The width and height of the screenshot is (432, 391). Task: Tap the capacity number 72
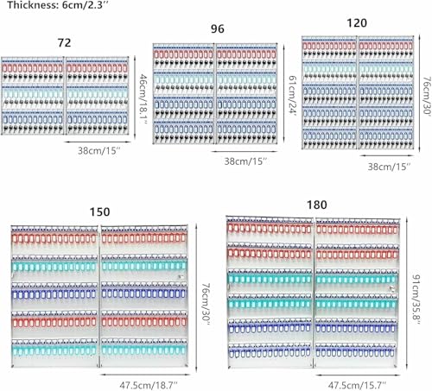[x=64, y=43]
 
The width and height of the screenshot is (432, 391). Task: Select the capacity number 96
[x=218, y=28]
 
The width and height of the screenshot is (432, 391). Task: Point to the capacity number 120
[x=357, y=23]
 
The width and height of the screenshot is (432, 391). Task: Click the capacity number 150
[x=99, y=212]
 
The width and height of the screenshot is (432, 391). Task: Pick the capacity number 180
[x=317, y=205]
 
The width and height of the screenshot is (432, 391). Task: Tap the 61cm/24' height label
[x=293, y=96]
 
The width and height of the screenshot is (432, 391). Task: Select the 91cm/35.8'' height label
[x=416, y=300]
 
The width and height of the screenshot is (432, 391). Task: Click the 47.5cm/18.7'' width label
[x=149, y=385]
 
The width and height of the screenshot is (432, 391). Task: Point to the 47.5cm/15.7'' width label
[x=357, y=385]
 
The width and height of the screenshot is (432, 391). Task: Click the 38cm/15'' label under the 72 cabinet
[x=98, y=151]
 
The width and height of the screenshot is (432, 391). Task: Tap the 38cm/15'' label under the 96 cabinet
[x=245, y=161]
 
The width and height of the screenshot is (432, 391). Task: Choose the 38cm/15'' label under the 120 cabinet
[x=389, y=167]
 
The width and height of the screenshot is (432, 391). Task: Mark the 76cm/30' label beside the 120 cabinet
[x=427, y=96]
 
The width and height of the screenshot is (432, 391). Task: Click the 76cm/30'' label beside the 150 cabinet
[x=206, y=304]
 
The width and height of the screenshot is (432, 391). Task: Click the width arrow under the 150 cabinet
[x=146, y=375]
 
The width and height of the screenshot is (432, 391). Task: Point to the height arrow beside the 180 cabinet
[x=407, y=293]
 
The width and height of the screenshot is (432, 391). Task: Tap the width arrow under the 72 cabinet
[x=98, y=142]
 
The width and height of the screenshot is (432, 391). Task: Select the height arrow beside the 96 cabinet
[x=283, y=93]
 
